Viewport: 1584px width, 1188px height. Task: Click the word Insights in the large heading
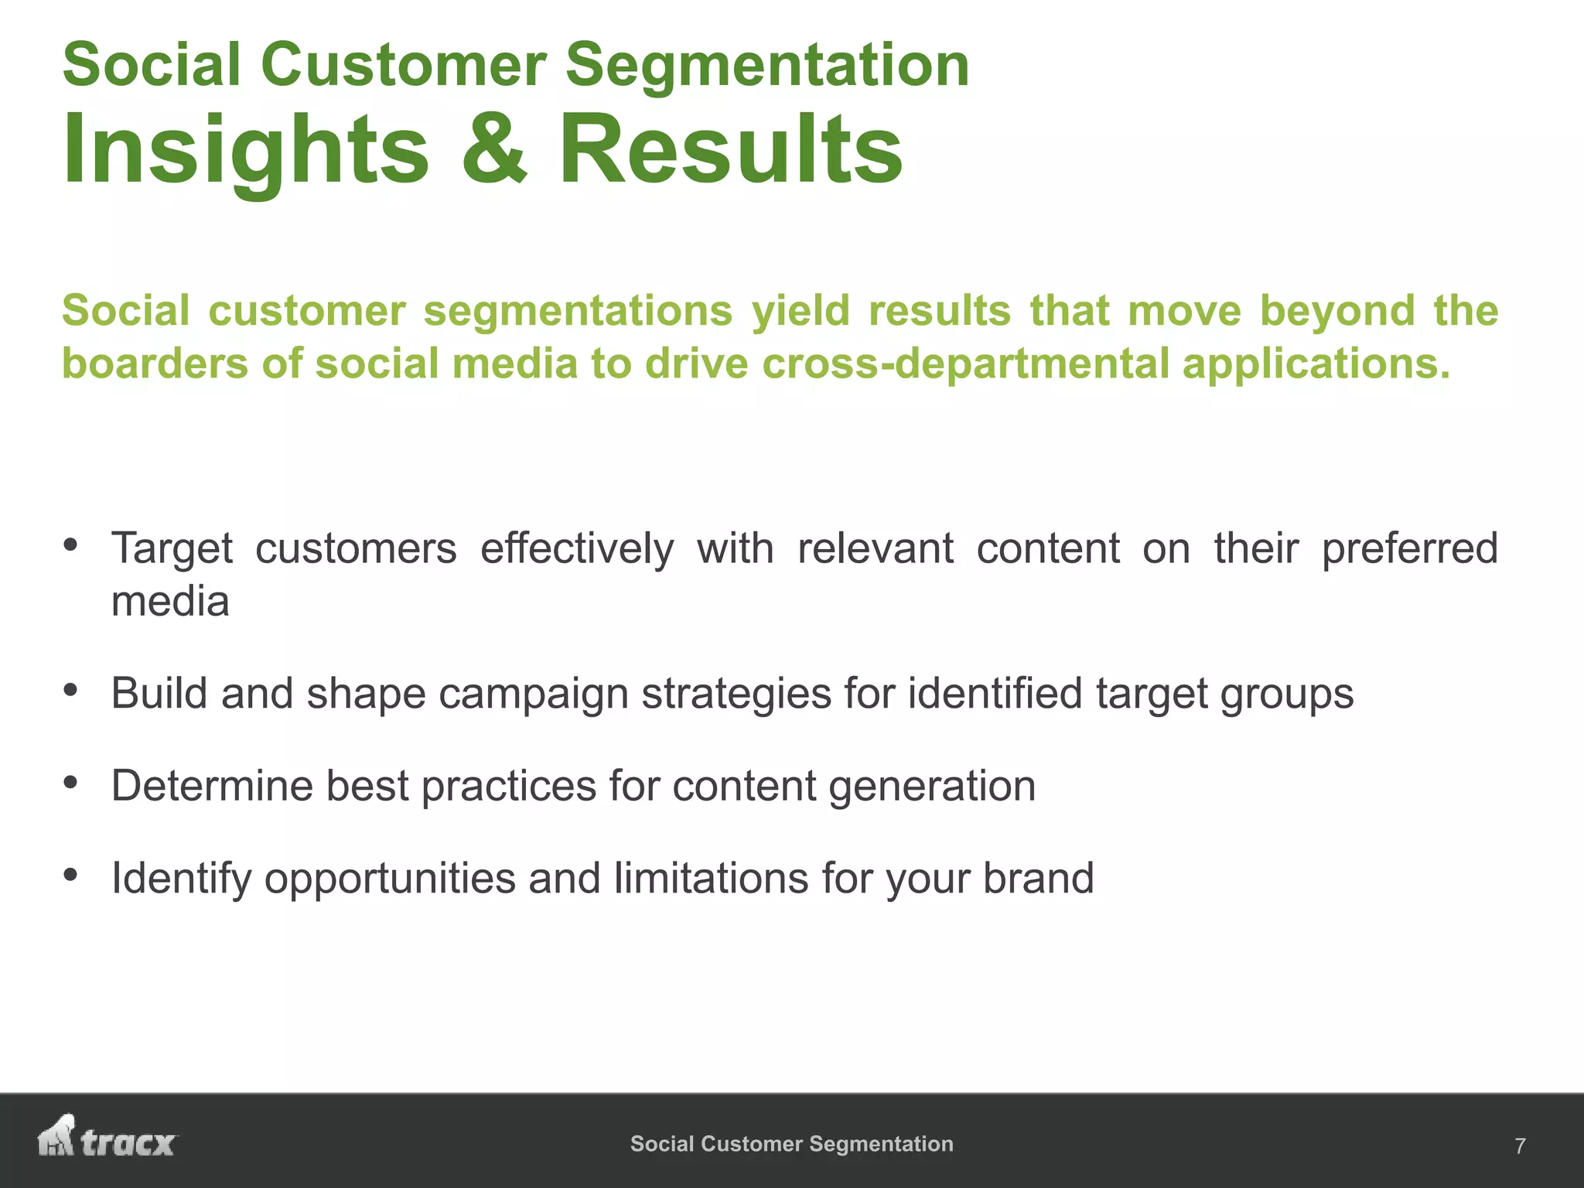(245, 148)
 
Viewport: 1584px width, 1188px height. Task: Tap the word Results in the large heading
(729, 148)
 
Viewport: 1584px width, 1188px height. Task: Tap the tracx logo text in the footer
(128, 1143)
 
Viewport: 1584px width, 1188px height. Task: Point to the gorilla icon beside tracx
(56, 1136)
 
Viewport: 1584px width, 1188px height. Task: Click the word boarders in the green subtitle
(155, 363)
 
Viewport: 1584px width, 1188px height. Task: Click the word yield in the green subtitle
(801, 310)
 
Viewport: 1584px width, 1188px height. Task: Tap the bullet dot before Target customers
(70, 545)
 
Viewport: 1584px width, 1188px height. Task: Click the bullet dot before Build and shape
(70, 690)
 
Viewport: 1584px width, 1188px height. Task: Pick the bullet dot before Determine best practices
(70, 783)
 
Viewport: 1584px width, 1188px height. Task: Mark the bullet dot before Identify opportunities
(70, 876)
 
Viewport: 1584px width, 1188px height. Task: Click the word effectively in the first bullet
(577, 548)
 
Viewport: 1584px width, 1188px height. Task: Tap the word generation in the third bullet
(932, 787)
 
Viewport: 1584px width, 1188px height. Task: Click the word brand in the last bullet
(1038, 878)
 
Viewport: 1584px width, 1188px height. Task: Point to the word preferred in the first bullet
(1409, 548)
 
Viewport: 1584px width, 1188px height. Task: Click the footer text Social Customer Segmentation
(791, 1144)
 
